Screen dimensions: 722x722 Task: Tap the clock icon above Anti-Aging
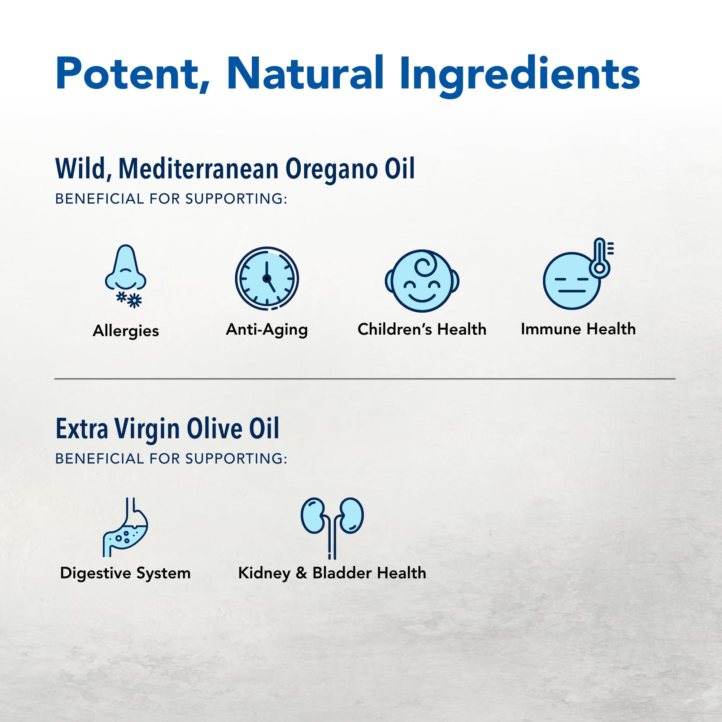point(267,278)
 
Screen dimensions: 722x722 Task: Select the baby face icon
point(422,281)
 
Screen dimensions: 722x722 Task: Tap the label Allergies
point(126,331)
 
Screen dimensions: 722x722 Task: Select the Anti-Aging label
point(267,330)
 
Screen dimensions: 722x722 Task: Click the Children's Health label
point(422,329)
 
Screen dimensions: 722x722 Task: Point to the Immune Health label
point(578,329)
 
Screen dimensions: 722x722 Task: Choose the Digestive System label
point(125,573)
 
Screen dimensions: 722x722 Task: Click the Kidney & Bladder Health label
point(332,573)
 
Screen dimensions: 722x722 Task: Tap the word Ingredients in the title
point(519,74)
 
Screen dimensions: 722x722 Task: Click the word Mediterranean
point(199,169)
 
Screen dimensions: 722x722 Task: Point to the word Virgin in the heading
point(147,429)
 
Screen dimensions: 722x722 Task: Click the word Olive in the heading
point(214,429)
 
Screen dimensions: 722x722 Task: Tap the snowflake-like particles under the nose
point(129,299)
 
